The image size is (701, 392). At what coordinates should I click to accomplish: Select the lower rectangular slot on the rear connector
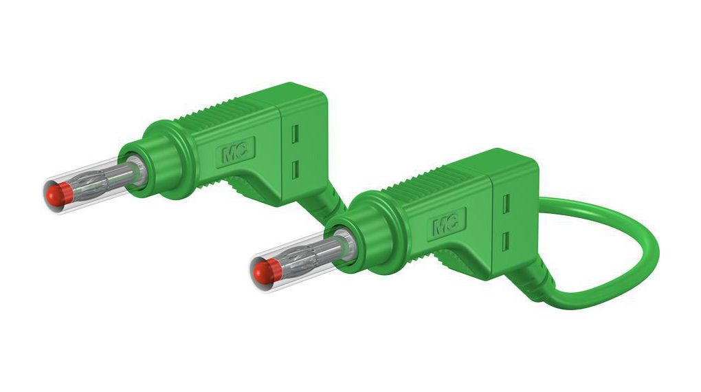[x=297, y=168]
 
